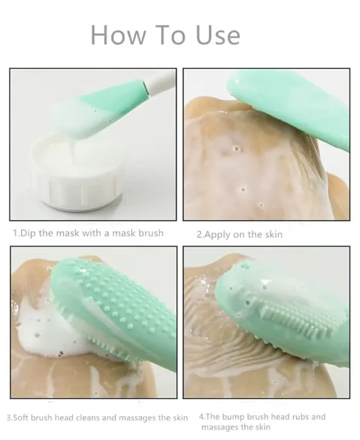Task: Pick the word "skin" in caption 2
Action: [272, 235]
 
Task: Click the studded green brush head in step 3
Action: [108, 306]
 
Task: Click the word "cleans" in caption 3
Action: [92, 417]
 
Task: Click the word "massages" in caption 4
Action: [220, 427]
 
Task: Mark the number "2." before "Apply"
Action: [200, 235]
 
